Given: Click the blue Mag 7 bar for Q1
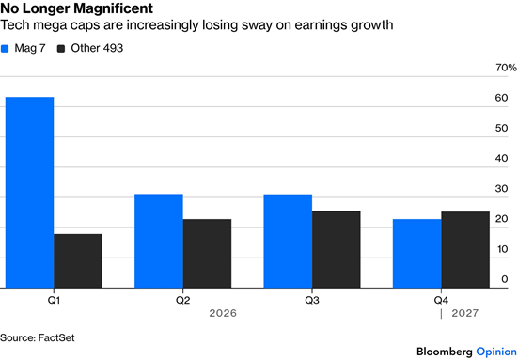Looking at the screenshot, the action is [30, 193].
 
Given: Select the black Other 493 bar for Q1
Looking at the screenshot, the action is [78, 261].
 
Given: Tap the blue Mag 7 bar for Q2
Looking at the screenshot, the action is [159, 241].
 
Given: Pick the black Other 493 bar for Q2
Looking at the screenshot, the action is [207, 254].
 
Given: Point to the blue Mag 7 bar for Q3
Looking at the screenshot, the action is [288, 242].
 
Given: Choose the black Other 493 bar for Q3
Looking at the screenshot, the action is [337, 249].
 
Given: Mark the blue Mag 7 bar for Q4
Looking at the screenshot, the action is [416, 254].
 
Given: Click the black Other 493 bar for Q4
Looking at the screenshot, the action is [465, 250].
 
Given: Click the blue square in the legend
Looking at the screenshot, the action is [5, 49].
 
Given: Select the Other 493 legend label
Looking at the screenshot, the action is [97, 48].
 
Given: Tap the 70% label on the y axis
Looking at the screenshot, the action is [506, 68].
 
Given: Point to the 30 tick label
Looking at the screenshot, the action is [501, 189].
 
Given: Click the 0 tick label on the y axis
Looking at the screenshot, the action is [505, 279].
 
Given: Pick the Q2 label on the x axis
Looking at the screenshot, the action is [182, 300].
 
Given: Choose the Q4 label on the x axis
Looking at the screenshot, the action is [441, 300].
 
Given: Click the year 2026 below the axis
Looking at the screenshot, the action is [223, 313].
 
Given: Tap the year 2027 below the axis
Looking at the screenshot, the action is [464, 313].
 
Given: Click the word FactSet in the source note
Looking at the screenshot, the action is [56, 337].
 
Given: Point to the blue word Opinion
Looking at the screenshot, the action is [496, 352].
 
